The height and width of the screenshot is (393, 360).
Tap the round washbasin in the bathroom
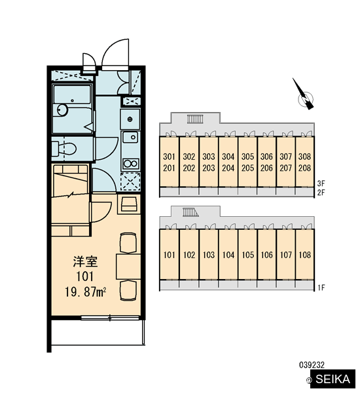[62, 110]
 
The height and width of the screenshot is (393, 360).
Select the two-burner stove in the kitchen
[130, 164]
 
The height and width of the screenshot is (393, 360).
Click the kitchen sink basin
[130, 137]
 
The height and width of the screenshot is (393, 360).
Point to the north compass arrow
[304, 94]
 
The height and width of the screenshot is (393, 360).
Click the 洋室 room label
[85, 261]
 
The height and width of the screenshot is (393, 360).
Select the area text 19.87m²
[86, 292]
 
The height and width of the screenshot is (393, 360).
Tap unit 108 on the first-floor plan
[304, 255]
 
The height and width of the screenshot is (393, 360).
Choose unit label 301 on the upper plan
[169, 157]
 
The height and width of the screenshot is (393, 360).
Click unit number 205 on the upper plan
[247, 168]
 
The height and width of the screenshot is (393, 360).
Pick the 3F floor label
[321, 183]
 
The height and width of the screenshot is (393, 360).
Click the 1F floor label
[321, 288]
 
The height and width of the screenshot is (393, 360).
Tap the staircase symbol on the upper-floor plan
[194, 119]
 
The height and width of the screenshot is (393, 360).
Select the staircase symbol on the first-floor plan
[190, 212]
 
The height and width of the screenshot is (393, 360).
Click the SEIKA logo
[333, 379]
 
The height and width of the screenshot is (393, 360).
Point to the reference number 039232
[312, 365]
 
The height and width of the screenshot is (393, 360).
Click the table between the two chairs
[128, 267]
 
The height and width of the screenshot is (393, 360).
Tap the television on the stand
[129, 204]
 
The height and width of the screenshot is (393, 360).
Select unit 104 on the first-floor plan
[228, 255]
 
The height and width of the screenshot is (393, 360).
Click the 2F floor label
[321, 193]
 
